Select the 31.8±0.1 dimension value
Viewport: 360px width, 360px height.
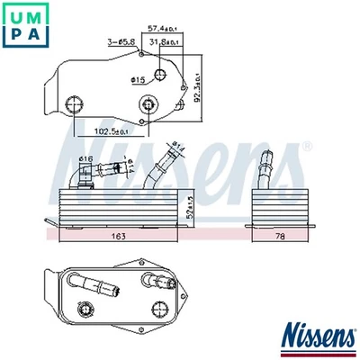coord(165,42)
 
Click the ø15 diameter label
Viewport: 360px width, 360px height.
coord(139,82)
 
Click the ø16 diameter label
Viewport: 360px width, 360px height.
coord(85,159)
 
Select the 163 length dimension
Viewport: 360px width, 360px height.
coord(118,238)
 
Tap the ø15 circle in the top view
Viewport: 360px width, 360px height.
coord(161,75)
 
